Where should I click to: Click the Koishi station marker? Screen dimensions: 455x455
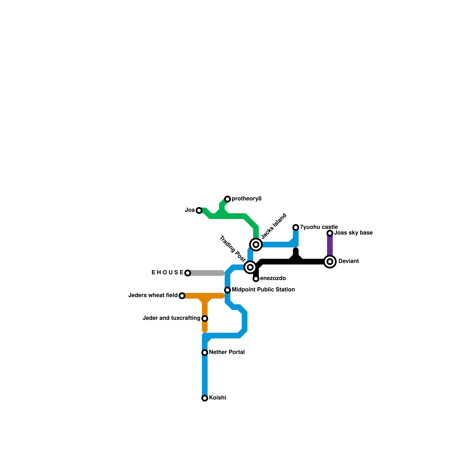tap(205, 398)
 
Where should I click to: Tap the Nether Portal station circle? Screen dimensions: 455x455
tap(205, 353)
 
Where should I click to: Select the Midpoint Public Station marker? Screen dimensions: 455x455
tap(227, 290)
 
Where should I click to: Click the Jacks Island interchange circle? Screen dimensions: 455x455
tap(256, 245)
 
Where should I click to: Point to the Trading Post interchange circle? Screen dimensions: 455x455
tap(250, 267)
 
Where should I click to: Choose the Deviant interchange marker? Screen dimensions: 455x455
tap(330, 262)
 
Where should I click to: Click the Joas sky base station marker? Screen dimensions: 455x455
tap(330, 233)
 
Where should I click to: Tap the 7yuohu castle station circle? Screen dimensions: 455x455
tap(296, 227)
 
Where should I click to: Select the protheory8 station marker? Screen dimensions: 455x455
tap(227, 199)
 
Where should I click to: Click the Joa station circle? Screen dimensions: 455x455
tap(199, 210)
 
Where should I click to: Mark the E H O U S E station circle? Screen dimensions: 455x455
tap(188, 273)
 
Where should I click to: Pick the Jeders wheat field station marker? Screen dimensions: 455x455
tap(182, 296)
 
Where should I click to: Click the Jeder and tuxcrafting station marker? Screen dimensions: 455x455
tap(205, 318)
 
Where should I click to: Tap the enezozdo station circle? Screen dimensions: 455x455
tap(256, 279)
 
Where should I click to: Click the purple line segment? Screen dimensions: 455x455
tap(330, 246)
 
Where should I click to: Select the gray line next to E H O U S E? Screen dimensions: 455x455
tap(206, 273)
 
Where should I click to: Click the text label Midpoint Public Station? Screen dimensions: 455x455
tap(263, 290)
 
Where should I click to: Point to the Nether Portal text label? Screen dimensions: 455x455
tap(227, 352)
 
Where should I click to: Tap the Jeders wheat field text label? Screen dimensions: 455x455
tap(153, 295)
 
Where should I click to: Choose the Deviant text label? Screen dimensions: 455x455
tap(348, 261)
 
